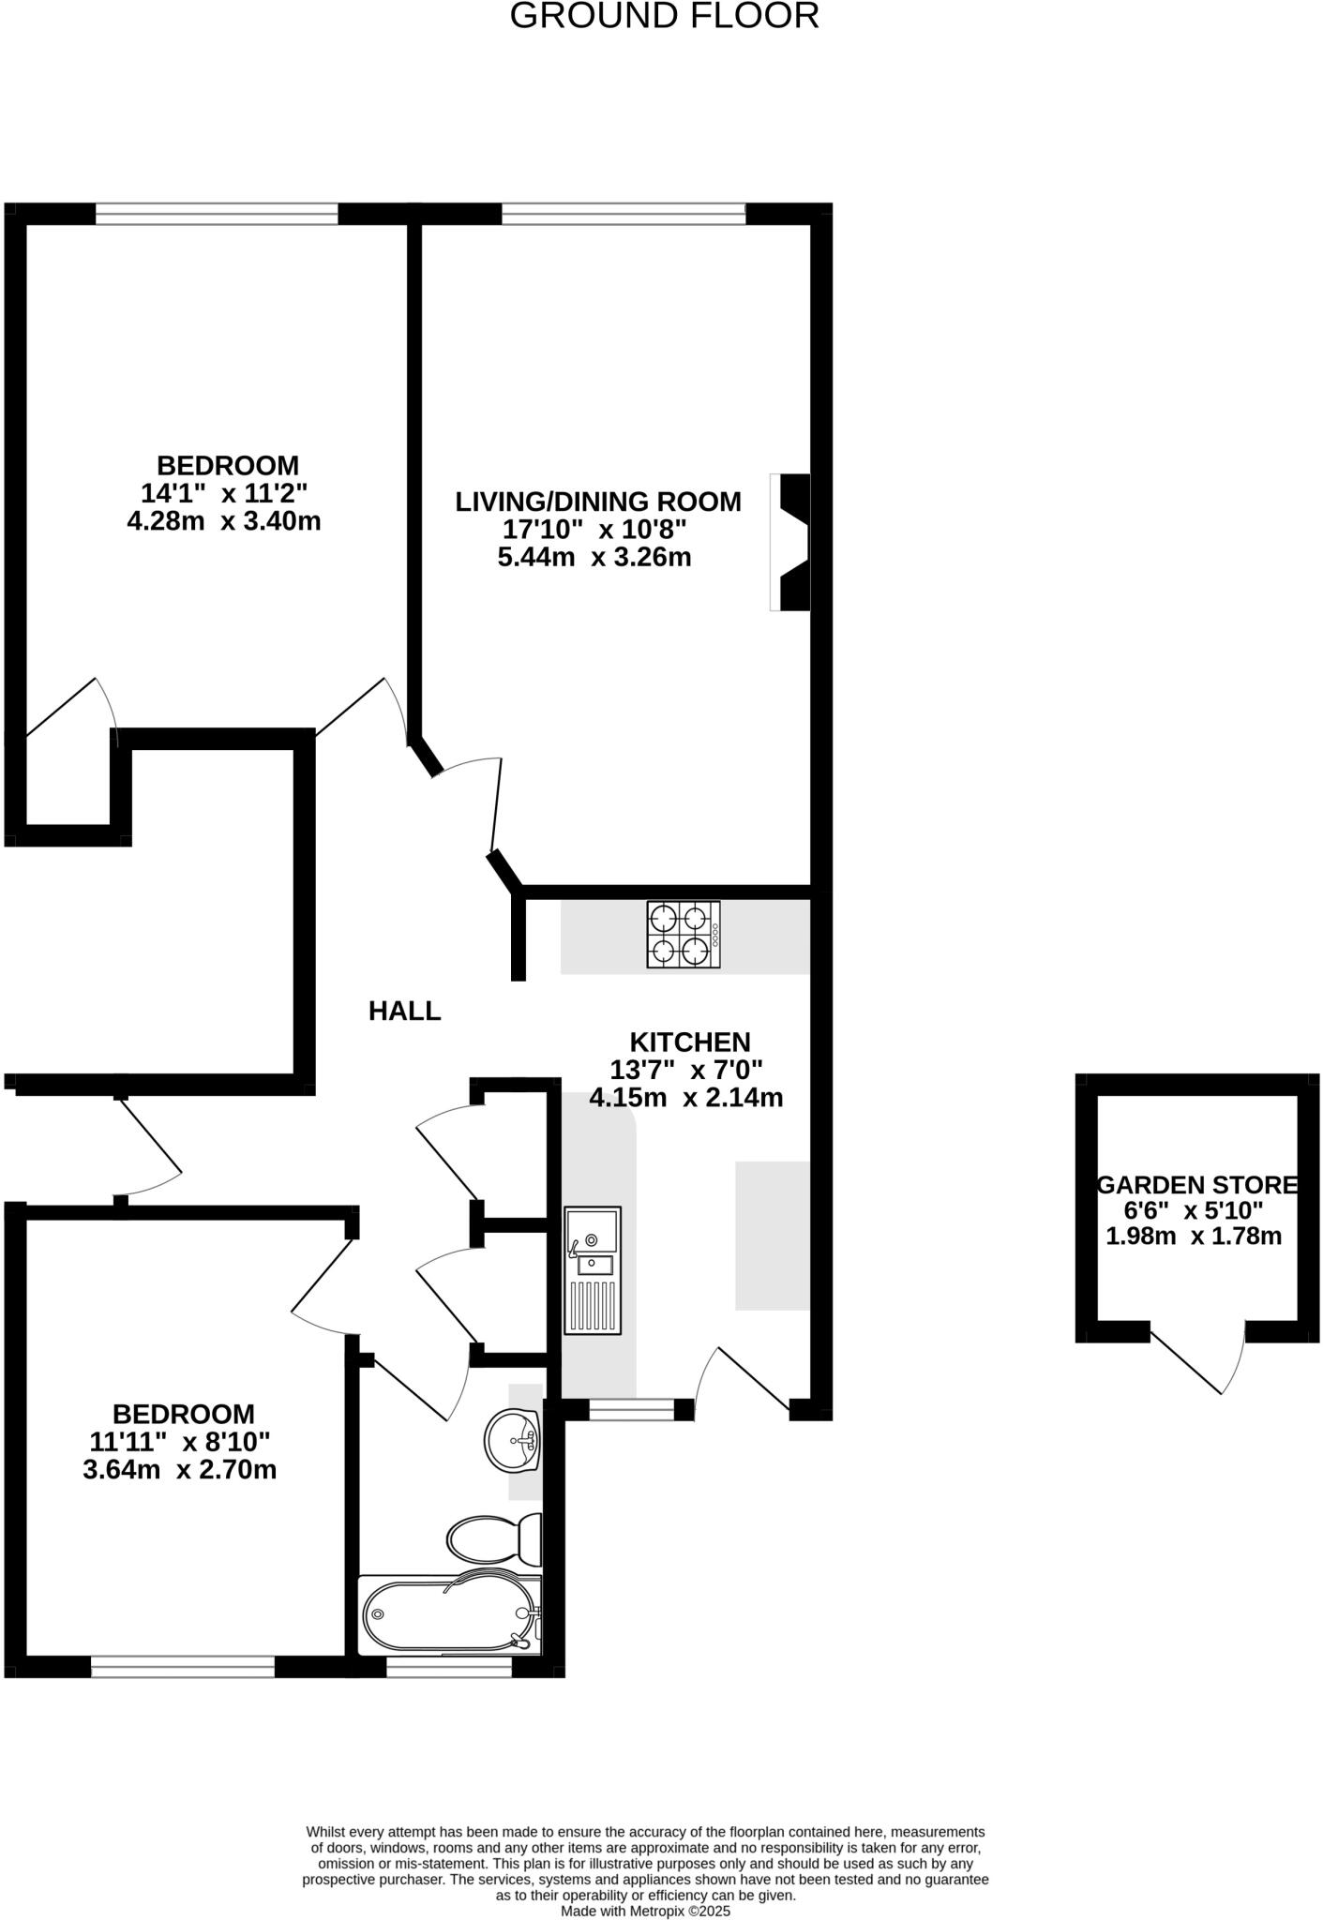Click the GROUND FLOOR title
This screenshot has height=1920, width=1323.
click(664, 16)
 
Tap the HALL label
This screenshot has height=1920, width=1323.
click(404, 1011)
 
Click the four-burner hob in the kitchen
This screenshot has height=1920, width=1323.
click(684, 935)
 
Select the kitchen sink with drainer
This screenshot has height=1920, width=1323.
click(593, 1270)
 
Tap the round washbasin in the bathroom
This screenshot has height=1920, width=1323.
click(512, 1441)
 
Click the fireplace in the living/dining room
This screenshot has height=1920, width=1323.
click(790, 542)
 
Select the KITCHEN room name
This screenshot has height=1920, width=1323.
click(690, 1042)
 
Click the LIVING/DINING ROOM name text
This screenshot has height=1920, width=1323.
click(598, 502)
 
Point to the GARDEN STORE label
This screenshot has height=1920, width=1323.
click(1197, 1185)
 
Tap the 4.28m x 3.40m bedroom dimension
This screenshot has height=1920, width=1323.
click(224, 521)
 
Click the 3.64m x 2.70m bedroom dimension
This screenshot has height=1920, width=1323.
click(180, 1469)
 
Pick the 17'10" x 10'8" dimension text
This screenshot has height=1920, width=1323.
click(594, 530)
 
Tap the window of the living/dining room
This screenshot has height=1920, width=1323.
click(624, 214)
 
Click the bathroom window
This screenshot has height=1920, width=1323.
click(449, 1667)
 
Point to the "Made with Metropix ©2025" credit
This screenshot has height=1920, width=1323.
click(645, 1911)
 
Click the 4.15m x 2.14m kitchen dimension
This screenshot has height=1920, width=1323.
click(686, 1097)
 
